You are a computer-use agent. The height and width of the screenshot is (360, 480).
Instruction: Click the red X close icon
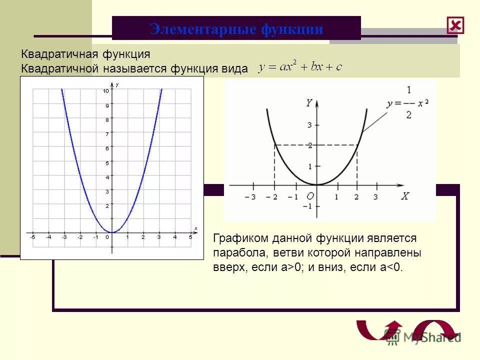point(455,25)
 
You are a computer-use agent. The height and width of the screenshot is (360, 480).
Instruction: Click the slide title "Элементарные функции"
point(236,29)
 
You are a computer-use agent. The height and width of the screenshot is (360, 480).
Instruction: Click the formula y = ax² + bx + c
point(300,67)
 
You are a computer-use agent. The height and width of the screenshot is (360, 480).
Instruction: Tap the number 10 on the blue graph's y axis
point(106,91)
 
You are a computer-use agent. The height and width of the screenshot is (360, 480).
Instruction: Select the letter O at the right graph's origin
point(310,197)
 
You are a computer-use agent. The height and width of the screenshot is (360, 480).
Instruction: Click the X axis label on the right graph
point(405,196)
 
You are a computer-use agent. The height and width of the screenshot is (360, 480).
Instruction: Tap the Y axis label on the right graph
point(309,103)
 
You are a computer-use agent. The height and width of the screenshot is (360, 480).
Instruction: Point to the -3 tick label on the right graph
point(250,197)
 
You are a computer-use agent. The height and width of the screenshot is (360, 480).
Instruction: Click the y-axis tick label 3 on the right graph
point(309,125)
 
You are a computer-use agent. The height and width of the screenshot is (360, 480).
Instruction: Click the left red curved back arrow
point(377,330)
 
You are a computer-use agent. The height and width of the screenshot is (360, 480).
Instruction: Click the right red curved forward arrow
point(433,330)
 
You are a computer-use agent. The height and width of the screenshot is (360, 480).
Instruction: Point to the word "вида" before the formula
point(234,69)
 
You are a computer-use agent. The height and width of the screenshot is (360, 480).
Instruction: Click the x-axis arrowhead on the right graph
point(402,185)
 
